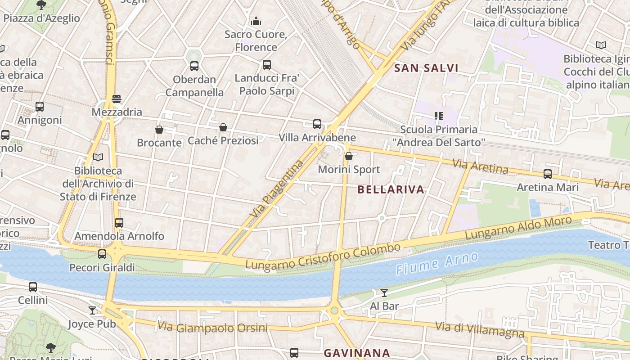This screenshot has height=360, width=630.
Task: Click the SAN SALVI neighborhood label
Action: pos(426,68)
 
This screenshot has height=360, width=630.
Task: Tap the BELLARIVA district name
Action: pos(391,190)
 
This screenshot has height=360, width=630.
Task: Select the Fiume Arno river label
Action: pos(436,264)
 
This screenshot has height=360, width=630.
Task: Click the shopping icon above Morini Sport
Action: pos(348,156)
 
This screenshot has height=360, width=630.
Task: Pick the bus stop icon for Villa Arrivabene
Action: pos(317,124)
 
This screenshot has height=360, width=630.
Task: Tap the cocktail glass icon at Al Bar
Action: pos(384,293)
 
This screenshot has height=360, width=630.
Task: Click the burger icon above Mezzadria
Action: pos(117,99)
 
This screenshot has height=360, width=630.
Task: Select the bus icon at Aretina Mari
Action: pos(547,174)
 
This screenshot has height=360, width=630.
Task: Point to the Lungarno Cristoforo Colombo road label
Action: pos(323,257)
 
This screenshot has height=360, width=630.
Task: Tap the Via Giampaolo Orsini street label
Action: pos(212,327)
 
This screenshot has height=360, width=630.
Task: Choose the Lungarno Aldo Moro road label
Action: pos(518,228)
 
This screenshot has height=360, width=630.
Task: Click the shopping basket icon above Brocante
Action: pos(159,130)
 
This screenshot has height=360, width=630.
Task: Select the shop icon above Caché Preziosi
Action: pos(223,128)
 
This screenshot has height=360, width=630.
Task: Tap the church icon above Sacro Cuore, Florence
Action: pos(256,21)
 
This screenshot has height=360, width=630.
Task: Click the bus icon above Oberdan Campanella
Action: pos(194,66)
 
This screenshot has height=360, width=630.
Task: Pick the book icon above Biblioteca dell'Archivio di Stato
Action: pos(98,157)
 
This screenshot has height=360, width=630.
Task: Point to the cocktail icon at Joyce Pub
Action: pos(92,310)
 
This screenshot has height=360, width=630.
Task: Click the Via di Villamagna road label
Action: pos(480,330)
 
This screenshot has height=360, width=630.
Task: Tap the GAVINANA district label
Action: pos(357,353)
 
